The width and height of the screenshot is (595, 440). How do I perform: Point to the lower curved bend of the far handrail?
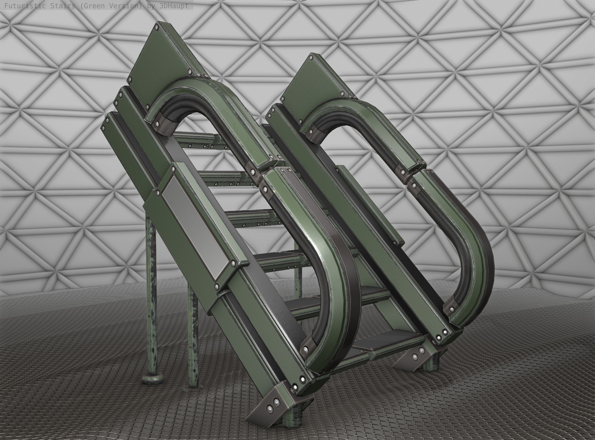(x=477, y=266)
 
